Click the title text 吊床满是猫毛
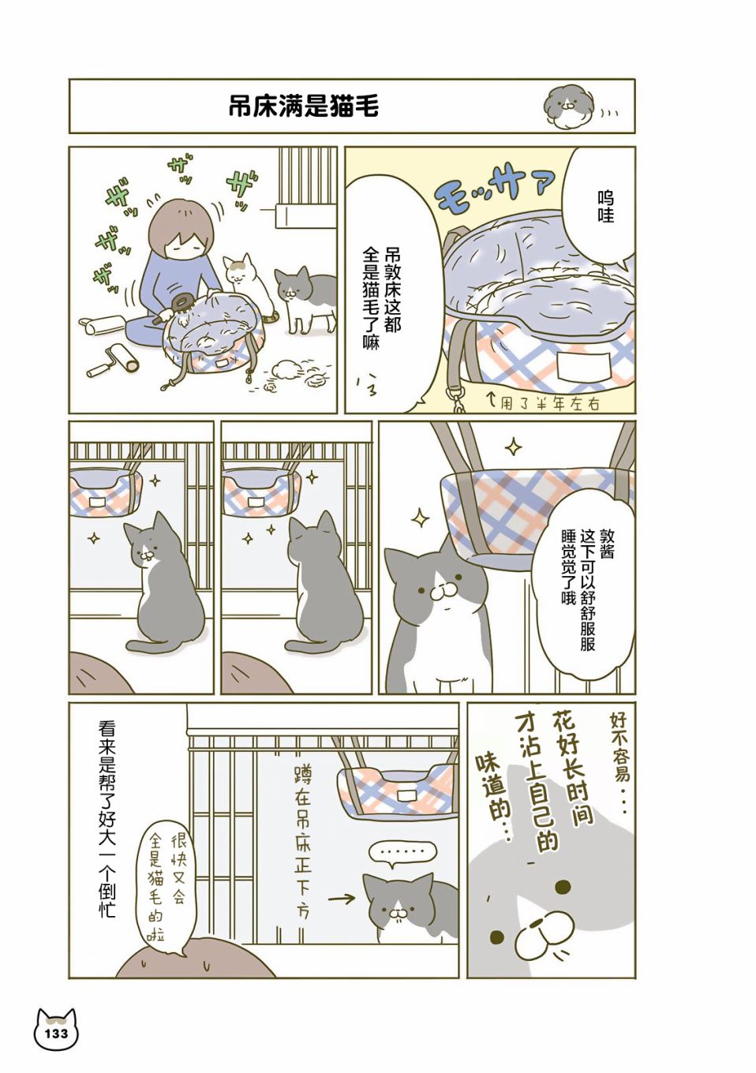click(304, 107)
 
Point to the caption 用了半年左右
click(544, 404)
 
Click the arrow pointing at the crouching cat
click(343, 899)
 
